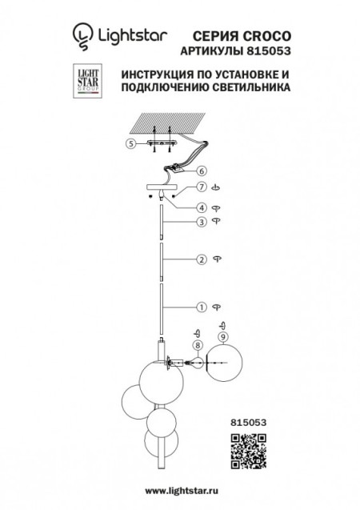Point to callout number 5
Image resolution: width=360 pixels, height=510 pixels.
coord(130,145)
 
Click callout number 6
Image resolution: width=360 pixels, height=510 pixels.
coord(202,171)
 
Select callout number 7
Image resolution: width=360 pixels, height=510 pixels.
coord(202,187)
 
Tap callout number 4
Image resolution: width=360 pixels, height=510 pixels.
coord(202,207)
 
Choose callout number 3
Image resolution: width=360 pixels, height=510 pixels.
coord(202,221)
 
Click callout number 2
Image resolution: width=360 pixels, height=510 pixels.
coord(202,259)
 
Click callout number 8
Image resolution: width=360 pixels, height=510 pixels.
coord(196,346)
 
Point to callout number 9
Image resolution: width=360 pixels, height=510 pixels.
coord(225,336)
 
